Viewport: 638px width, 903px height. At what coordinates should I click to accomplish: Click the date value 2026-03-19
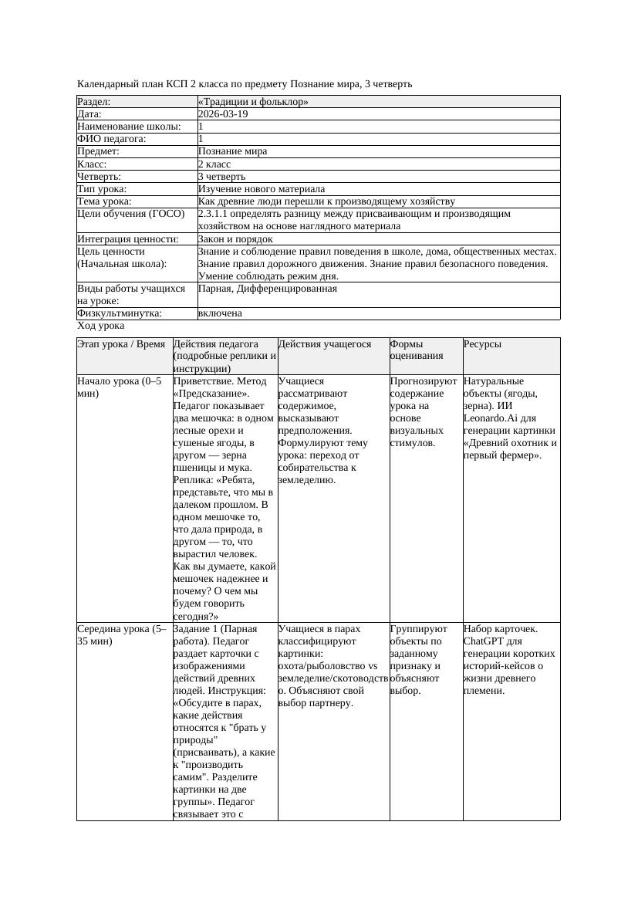[223, 114]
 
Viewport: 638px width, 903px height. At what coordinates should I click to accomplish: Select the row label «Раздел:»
[94, 102]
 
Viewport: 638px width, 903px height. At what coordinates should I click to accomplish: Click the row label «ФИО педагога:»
[112, 139]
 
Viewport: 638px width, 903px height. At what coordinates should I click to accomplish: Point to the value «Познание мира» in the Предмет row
[232, 151]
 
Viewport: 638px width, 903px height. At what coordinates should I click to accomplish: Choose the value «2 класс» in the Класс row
[214, 164]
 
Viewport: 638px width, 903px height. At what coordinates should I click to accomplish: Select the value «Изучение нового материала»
[262, 189]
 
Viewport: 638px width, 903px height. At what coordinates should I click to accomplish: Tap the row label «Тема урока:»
[104, 201]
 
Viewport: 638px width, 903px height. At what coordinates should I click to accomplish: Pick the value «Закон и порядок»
[235, 239]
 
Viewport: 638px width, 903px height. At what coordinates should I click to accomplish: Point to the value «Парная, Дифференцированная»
[267, 289]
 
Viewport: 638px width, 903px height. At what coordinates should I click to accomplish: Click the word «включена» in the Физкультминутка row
[220, 313]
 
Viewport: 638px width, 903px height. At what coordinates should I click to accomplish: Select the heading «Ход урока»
[101, 326]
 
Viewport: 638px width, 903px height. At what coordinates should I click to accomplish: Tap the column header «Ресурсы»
[482, 344]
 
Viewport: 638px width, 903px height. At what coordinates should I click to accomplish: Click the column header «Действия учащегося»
[325, 344]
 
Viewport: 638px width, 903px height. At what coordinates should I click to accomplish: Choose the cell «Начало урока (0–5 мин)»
[120, 387]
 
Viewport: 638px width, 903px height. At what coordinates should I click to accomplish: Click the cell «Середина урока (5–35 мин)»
[122, 634]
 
